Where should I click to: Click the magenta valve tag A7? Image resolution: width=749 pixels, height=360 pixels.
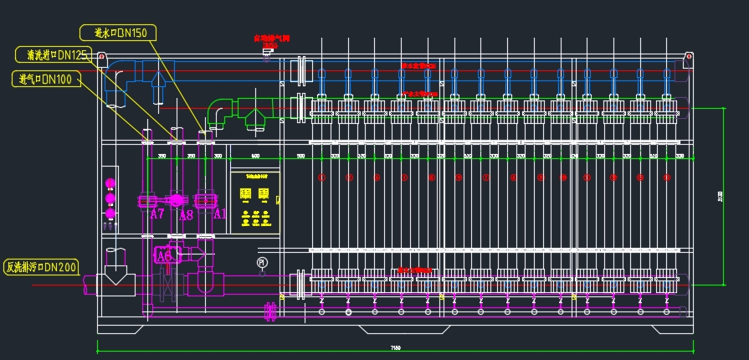coord(156,214)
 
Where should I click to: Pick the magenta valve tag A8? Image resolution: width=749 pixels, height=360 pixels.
coord(186,214)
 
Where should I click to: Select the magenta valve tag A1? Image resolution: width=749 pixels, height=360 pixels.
coord(219,214)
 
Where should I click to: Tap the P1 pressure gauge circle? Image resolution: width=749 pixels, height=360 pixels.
coord(262,262)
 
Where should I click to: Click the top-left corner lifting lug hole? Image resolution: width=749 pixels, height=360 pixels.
coord(102,58)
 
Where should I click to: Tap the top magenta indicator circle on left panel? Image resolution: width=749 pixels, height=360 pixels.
coord(109,183)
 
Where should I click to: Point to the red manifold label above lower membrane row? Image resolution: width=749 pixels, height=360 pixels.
coord(416,270)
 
